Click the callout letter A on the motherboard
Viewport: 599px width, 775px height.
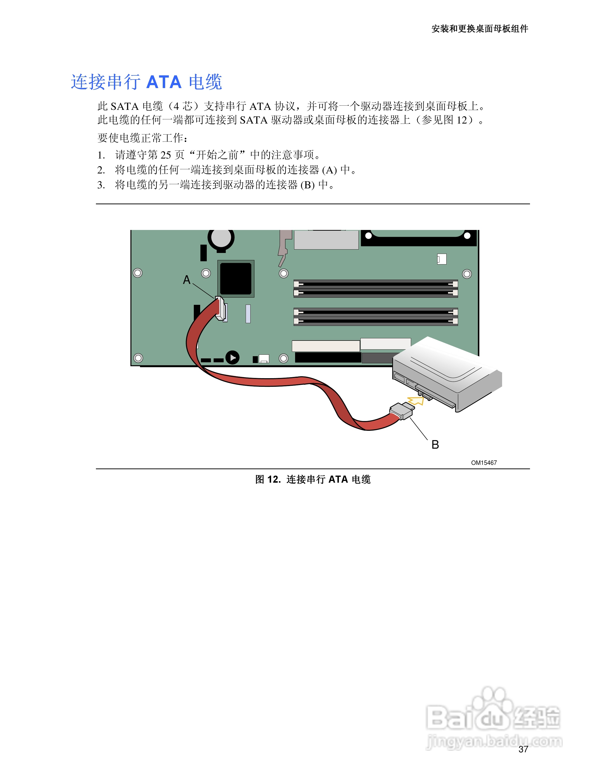pos(187,280)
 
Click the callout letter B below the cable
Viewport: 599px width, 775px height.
pos(435,445)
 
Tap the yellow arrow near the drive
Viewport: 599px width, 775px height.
pos(416,401)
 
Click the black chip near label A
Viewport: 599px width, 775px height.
pos(236,278)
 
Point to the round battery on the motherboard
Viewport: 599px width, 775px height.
pos(221,239)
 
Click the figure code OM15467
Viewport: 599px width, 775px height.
pos(484,463)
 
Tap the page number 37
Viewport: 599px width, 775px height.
pos(523,750)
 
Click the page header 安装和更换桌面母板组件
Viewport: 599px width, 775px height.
pos(480,29)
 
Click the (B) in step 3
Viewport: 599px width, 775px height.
pos(307,185)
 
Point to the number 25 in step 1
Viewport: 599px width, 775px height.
pos(166,155)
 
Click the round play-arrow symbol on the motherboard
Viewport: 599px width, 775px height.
pos(232,358)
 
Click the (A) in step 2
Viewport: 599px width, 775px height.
pos(329,170)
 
